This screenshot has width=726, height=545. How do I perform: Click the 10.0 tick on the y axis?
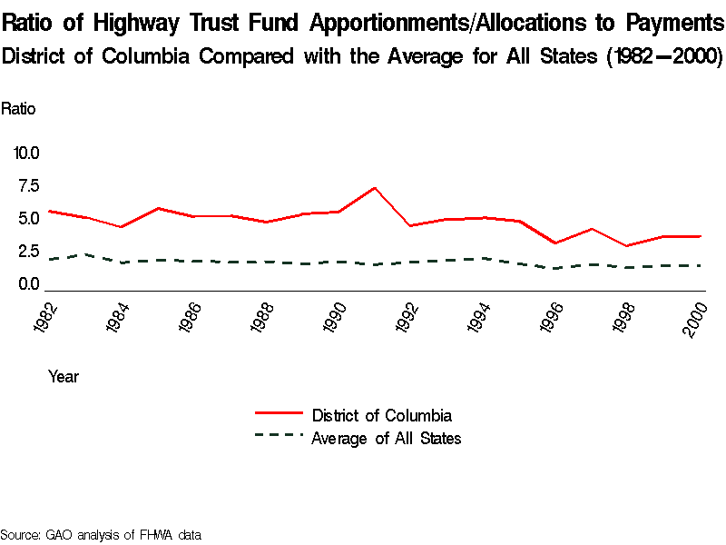(26, 153)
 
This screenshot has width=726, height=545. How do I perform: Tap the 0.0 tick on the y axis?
(27, 284)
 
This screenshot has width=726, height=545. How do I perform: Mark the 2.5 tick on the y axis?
(27, 252)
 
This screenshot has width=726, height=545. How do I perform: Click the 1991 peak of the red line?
(375, 188)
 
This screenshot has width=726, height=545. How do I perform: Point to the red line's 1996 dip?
(554, 243)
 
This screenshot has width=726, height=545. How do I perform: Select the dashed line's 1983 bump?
(85, 254)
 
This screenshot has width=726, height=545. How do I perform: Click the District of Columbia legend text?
(381, 416)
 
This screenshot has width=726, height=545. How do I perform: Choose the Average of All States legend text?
(387, 439)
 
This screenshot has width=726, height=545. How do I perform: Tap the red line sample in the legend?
(279, 414)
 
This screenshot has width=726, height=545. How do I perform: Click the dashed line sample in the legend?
(279, 436)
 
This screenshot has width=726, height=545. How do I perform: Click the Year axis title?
(64, 376)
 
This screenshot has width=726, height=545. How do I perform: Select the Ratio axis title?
(18, 109)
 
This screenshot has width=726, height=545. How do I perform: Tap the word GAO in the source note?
(58, 534)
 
